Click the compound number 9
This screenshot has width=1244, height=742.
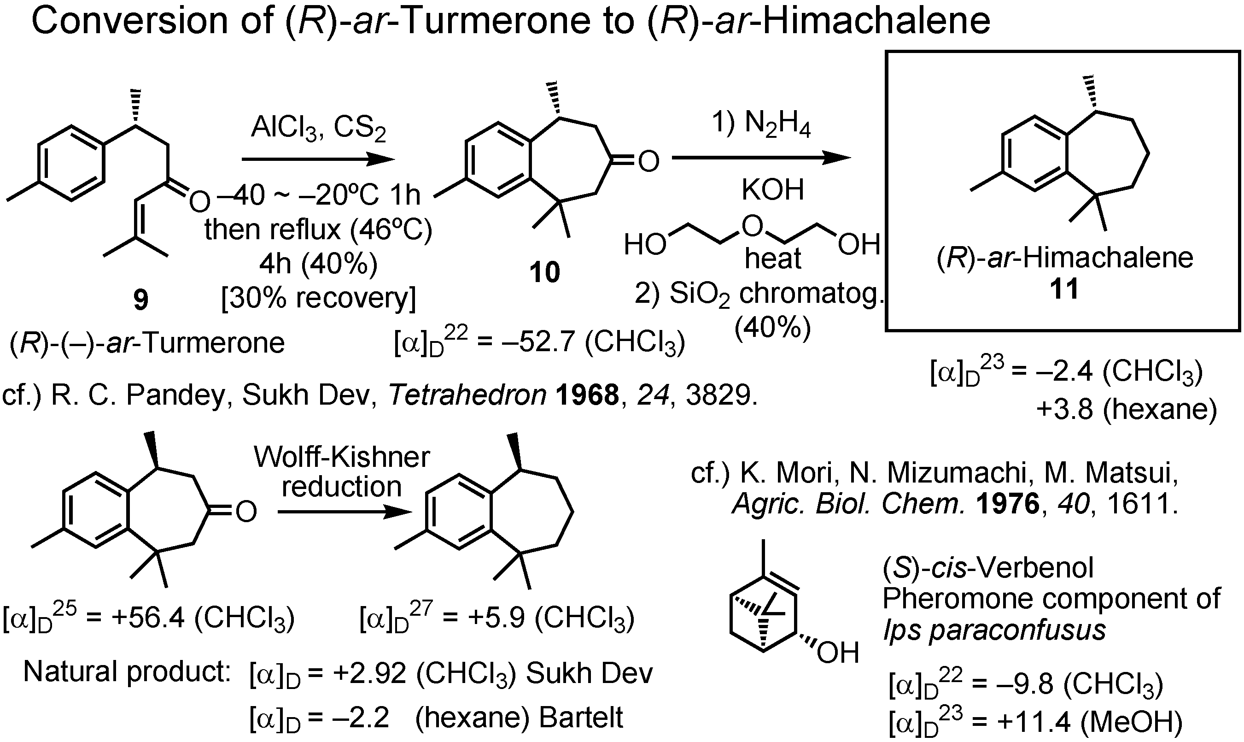pos(141,301)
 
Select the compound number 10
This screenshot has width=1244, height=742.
pos(544,273)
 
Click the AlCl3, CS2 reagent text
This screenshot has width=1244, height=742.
pos(318,129)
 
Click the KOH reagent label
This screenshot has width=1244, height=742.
pos(772,190)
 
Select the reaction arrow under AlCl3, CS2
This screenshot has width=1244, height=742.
pos(318,159)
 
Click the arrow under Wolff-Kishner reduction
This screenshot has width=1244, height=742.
pos(344,512)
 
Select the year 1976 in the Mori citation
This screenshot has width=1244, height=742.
pos(1007,504)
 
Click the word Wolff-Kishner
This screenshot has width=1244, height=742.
pos(342,457)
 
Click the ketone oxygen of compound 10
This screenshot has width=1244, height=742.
pos(648,161)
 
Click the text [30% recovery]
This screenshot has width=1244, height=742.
pos(318,299)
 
